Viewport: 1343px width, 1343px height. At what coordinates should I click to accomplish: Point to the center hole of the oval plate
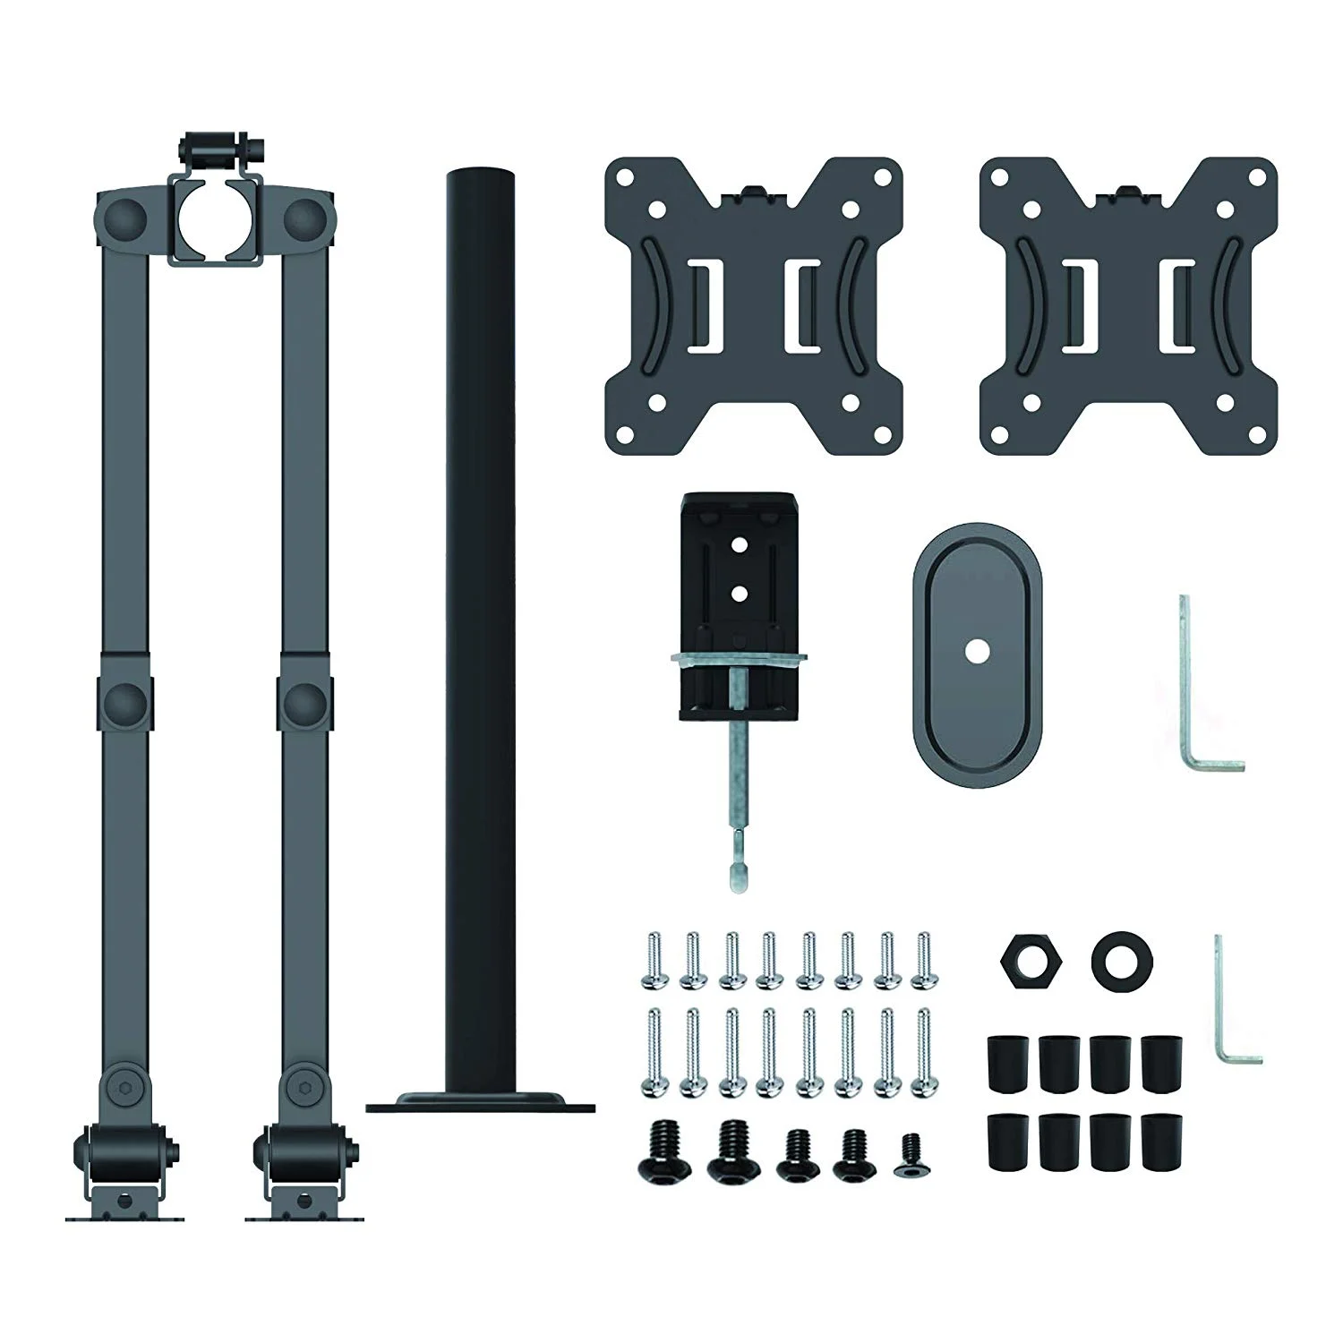978,653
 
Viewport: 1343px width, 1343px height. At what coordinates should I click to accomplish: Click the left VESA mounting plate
753,304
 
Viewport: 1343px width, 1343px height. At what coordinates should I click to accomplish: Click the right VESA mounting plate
1128,304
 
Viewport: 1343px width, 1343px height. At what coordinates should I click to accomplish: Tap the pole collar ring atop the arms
214,216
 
